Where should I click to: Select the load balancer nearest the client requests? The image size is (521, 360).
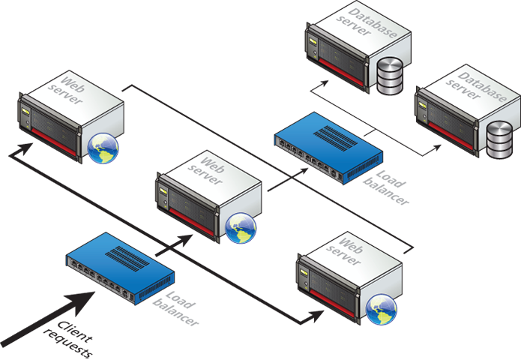(x=120, y=266)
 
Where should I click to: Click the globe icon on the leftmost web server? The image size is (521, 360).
(x=103, y=148)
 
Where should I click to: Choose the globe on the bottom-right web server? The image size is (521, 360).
(x=382, y=307)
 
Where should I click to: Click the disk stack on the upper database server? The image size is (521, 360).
(x=388, y=78)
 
